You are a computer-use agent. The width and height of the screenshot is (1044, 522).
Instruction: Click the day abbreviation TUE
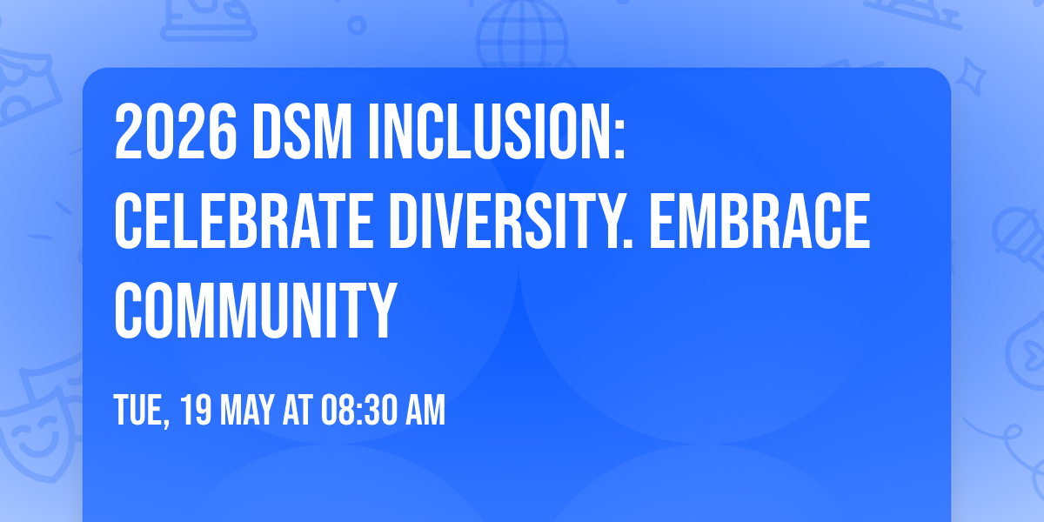pyautogui.click(x=139, y=410)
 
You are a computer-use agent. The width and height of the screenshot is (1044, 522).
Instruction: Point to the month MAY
pyautogui.click(x=247, y=410)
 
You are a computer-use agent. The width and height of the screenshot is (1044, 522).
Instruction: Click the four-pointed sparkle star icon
pyautogui.click(x=975, y=77)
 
